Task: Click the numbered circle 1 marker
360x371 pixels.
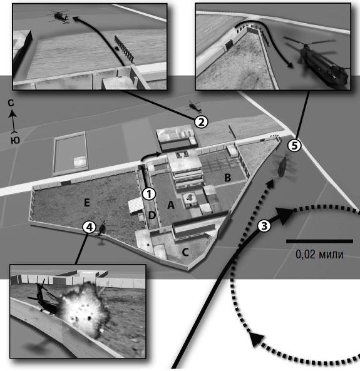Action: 149,194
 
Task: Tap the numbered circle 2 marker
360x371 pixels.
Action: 201,122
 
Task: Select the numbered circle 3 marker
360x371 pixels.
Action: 264,225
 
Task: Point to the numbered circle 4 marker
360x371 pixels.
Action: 89,227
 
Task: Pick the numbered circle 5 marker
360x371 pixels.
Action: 294,146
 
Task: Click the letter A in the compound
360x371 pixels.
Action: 171,205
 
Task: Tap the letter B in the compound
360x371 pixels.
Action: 227,178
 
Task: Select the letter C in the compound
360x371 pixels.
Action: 185,253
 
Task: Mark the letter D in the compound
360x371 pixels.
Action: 152,215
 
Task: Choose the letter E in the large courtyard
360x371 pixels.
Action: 87,203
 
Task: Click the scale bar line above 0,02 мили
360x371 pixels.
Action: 319,241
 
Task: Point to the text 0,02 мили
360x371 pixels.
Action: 319,255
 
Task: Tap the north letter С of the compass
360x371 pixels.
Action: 11,103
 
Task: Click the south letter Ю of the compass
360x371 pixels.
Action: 15,140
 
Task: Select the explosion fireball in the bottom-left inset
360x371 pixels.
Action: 83,309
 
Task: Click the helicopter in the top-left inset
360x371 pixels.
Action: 58,16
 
